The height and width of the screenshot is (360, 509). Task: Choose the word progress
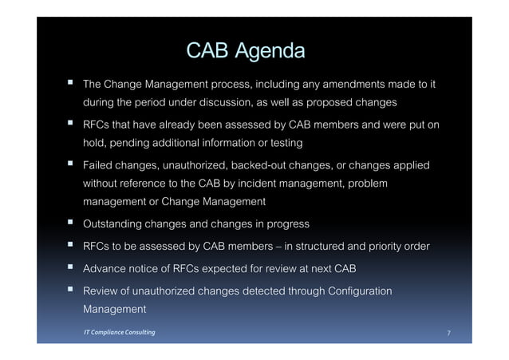click(x=286, y=223)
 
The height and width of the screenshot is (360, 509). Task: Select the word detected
click(x=272, y=290)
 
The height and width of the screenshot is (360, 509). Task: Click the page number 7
click(x=448, y=333)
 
